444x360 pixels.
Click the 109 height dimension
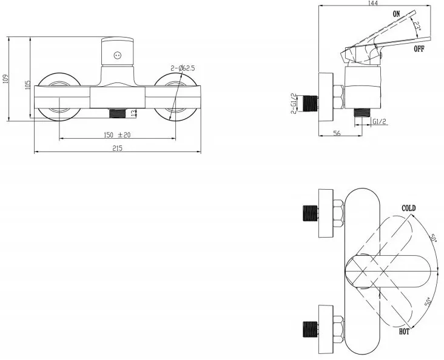point(5,79)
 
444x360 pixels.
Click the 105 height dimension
point(27,85)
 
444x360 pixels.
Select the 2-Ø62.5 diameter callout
point(183,68)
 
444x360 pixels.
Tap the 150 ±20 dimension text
point(117,135)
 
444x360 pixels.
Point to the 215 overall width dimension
point(117,148)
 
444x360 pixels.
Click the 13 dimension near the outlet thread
point(133,113)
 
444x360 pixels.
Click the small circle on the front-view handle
point(118,56)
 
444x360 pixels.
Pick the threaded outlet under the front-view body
point(117,113)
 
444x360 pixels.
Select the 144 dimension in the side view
point(373,3)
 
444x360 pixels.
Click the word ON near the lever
point(397,13)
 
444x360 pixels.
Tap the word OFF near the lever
point(419,48)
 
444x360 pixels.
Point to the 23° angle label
point(417,26)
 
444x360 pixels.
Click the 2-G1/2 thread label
point(294,103)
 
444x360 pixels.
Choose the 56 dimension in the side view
point(337,133)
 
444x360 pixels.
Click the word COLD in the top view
point(409,208)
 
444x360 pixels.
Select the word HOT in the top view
point(404,332)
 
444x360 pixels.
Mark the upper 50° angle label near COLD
point(432,236)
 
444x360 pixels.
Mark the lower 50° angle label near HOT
point(428,301)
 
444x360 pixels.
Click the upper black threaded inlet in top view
point(310,213)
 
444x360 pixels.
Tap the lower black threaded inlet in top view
point(310,330)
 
